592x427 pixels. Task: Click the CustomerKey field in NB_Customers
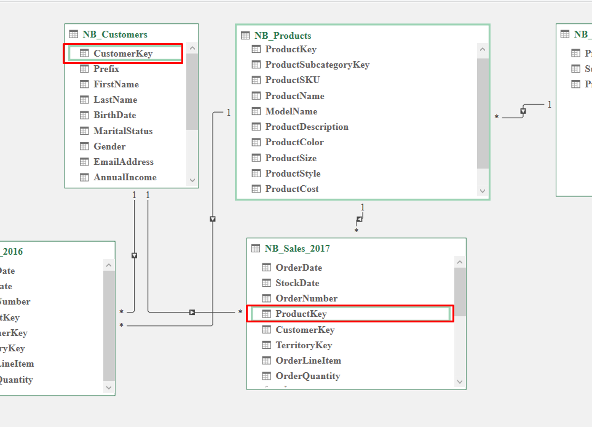pos(123,54)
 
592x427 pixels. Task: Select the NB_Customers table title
pos(115,34)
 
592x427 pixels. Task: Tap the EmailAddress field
pos(124,162)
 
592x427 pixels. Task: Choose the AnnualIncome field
pos(125,177)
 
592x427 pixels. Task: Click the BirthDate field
pos(115,115)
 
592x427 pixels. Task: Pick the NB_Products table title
pos(283,36)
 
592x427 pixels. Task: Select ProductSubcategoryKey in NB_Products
pos(317,65)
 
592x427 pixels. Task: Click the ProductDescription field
pos(307,127)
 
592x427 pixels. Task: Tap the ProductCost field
pos(292,189)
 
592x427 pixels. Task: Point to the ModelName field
pos(291,111)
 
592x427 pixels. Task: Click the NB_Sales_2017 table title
pos(298,249)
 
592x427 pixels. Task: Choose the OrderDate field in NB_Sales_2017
pos(299,268)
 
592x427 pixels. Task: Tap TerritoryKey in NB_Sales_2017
pos(304,345)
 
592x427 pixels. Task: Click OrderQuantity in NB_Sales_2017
pos(307,376)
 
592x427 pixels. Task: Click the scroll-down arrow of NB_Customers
pos(192,180)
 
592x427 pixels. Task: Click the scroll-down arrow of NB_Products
pos(483,191)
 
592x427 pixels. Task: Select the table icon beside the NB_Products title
pos(245,36)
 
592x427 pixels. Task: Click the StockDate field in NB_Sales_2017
pos(298,283)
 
